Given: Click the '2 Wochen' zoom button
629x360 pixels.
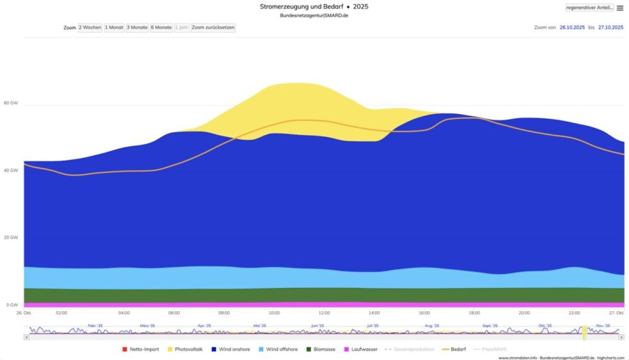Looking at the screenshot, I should [89, 27].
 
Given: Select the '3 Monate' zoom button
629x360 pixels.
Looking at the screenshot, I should [137, 27].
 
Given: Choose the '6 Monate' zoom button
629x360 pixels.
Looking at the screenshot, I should [161, 27].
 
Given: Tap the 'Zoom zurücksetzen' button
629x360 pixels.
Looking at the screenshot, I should [213, 27].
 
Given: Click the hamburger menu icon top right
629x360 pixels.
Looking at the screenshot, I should [620, 8].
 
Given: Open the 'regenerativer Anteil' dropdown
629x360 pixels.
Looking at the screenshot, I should [589, 8].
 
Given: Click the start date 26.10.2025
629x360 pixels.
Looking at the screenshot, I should [571, 27].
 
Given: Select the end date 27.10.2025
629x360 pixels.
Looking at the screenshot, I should [610, 27].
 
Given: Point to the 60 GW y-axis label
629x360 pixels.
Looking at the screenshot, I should [10, 103].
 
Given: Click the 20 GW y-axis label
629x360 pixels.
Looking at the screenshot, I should [10, 238].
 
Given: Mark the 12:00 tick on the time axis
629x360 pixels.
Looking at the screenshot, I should [324, 312].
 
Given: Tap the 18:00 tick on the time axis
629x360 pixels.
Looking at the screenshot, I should [474, 312].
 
